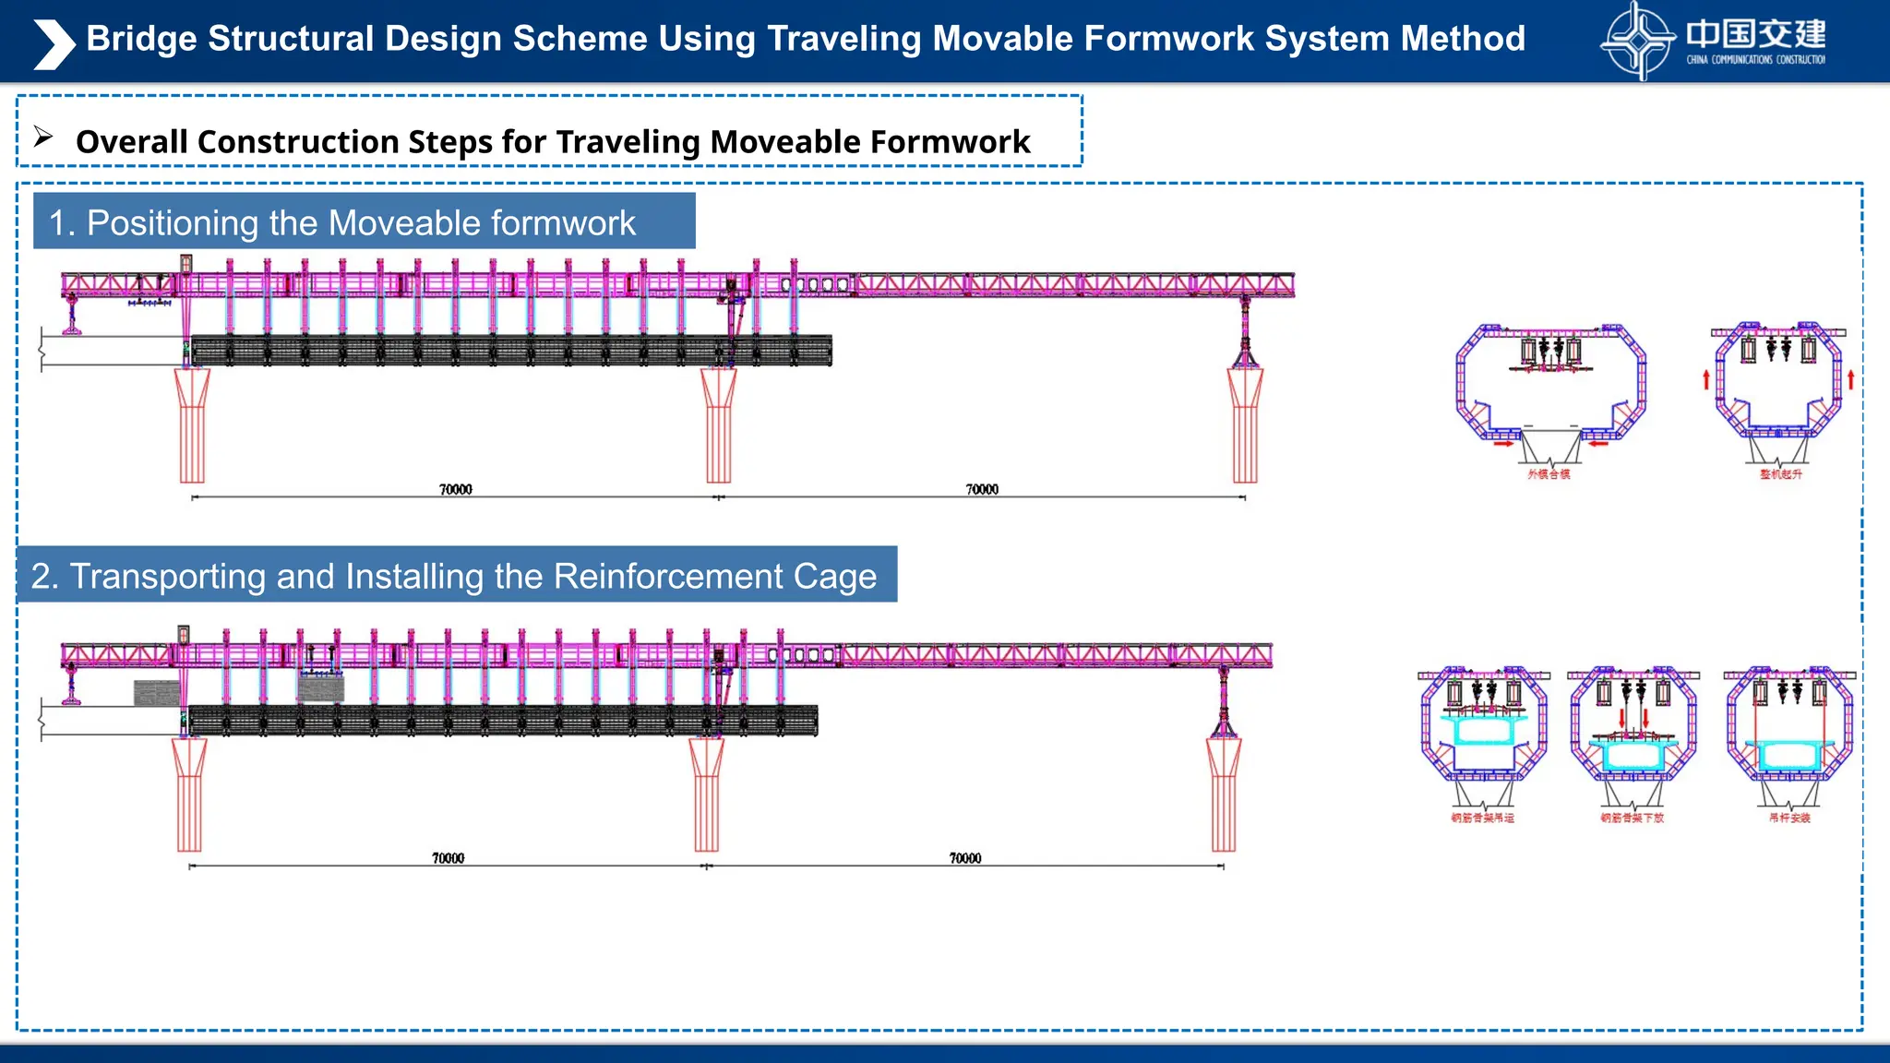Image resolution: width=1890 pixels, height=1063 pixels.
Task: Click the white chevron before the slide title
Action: pos(54,44)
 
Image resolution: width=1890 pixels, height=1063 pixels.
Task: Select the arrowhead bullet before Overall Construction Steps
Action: pos(43,137)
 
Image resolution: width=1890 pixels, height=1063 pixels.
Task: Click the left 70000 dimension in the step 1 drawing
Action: pos(455,489)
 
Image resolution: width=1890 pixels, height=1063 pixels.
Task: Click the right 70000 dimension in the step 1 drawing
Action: pos(982,489)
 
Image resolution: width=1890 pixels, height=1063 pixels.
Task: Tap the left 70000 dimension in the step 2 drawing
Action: pos(448,858)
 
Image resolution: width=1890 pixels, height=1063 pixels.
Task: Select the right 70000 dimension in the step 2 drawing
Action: pos(965,858)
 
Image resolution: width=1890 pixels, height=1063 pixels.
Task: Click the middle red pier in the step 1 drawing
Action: pos(718,424)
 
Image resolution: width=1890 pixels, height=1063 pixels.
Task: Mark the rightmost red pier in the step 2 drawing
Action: pos(1224,794)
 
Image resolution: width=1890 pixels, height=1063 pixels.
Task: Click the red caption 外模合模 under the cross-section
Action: pos(1549,474)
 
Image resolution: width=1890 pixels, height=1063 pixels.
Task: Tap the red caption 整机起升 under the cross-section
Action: pos(1780,474)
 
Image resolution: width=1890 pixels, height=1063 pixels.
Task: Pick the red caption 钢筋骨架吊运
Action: pos(1482,818)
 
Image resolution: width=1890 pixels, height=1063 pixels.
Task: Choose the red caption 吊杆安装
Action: pos(1789,818)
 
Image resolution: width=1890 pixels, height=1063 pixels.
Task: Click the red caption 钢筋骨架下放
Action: pos(1632,818)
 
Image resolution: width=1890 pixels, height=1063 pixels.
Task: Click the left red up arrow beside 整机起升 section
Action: pos(1706,379)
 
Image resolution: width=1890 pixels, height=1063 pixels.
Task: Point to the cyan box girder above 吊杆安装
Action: pos(1788,755)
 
